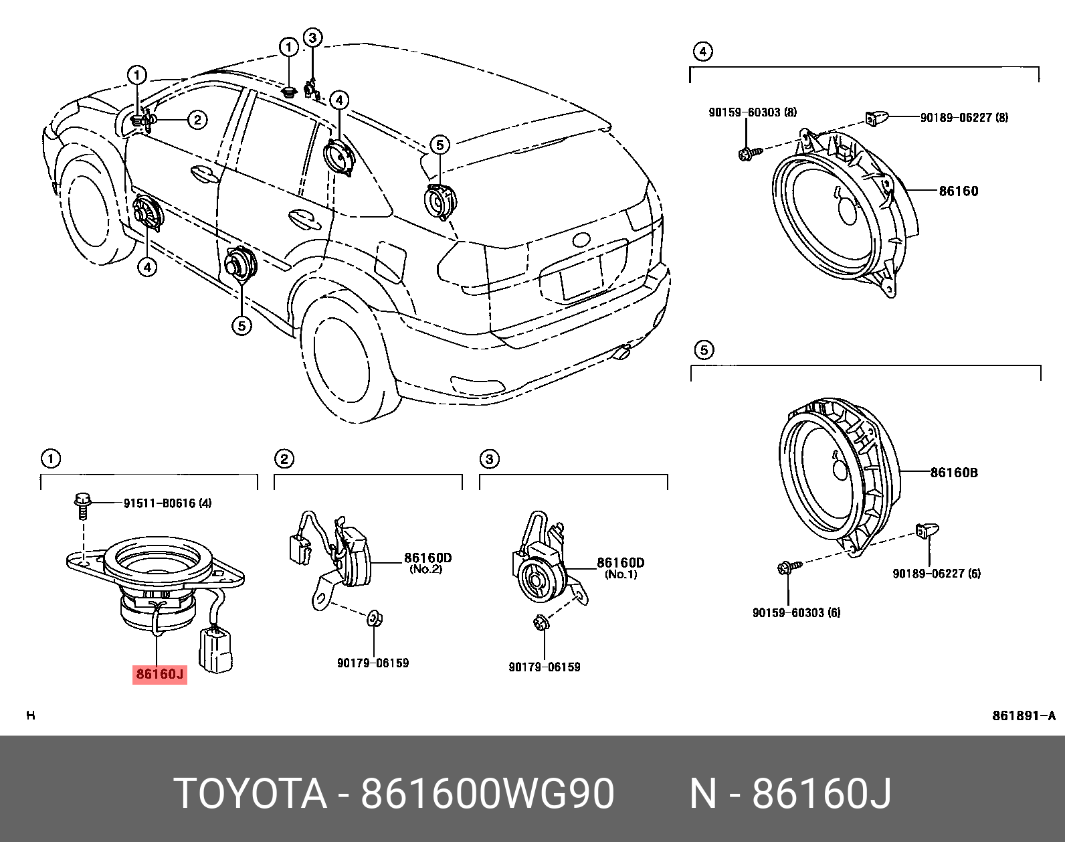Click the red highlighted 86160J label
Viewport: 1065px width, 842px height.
click(x=159, y=674)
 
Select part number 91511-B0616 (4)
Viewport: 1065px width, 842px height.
click(x=167, y=503)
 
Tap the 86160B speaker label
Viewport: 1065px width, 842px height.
click(x=954, y=473)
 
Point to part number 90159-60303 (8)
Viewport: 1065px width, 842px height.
click(x=753, y=113)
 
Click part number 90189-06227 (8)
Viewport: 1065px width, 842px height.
click(x=964, y=117)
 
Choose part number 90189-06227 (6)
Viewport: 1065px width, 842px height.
click(x=937, y=574)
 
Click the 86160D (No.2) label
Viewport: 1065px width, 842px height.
click(x=427, y=562)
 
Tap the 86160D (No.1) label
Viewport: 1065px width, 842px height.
click(x=621, y=567)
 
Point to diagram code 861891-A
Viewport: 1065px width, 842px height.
click(x=1023, y=715)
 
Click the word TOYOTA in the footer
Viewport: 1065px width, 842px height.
click(x=250, y=794)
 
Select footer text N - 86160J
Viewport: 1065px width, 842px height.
click(x=790, y=794)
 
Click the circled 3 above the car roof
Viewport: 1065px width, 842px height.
click(x=312, y=37)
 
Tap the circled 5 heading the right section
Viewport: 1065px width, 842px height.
click(x=704, y=350)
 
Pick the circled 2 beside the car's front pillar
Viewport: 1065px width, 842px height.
click(x=197, y=120)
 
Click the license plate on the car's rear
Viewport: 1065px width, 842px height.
click(x=581, y=278)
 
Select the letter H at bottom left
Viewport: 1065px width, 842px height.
click(x=30, y=715)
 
